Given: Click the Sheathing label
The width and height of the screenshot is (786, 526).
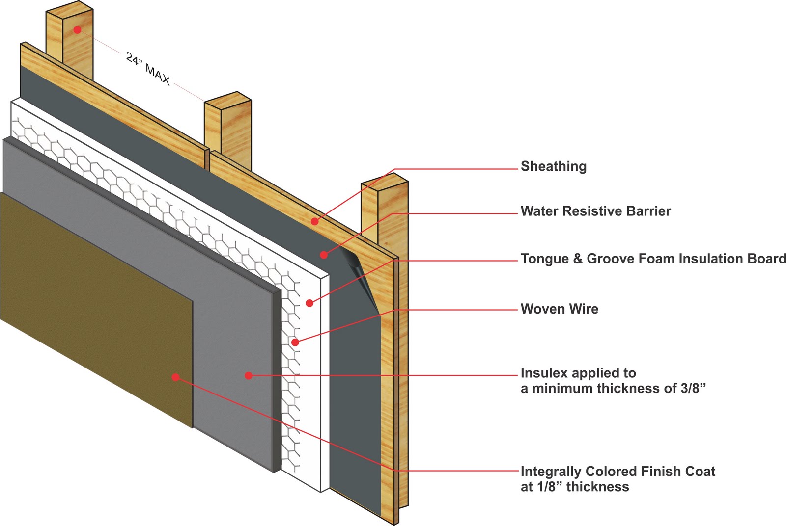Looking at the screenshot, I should coord(553,166).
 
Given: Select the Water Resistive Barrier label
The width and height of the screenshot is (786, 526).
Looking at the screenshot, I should coord(595,211).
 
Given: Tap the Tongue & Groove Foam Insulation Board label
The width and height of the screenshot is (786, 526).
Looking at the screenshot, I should coord(653,259).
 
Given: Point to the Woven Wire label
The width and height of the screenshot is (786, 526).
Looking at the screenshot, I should coord(559,309).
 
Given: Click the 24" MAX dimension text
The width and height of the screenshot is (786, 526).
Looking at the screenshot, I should coord(148,69).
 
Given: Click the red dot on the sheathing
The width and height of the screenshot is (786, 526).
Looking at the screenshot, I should coord(314,221).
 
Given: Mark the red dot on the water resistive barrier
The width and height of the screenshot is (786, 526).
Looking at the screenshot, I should coord(324,254).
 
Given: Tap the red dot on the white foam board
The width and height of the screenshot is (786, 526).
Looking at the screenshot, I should coord(309,303).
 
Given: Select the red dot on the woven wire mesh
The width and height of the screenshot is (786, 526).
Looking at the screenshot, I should coord(295,342).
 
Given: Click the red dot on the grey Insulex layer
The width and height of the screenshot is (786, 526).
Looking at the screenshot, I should coord(249,375).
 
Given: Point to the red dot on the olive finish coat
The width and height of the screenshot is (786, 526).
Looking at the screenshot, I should coord(175,377).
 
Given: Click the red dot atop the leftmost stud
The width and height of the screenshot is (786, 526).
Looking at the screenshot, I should coord(77,30).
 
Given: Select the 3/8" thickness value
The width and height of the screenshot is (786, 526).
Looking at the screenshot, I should coord(692,389).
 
